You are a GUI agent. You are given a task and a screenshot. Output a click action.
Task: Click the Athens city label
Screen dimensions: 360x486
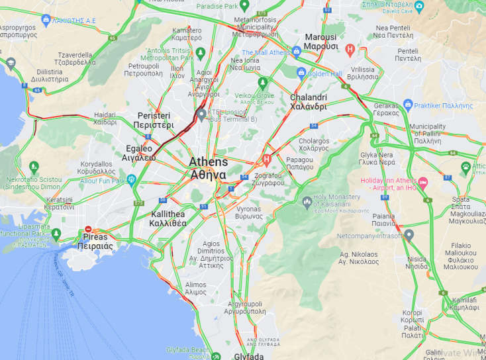208,168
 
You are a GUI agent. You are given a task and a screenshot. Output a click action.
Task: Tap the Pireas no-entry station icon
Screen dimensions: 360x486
88,230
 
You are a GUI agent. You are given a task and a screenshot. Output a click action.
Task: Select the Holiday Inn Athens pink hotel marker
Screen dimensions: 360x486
424,181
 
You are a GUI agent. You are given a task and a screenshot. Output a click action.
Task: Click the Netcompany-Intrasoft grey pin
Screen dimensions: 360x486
409,234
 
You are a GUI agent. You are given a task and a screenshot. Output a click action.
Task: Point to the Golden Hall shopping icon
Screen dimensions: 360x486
301,73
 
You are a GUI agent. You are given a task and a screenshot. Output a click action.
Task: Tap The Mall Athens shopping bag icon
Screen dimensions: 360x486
296,51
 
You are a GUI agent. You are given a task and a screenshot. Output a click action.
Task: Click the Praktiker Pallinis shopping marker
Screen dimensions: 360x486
408,105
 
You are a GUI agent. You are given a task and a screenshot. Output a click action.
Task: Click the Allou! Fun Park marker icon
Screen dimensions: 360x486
131,179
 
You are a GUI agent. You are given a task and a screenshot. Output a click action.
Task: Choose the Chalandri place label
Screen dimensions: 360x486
309,102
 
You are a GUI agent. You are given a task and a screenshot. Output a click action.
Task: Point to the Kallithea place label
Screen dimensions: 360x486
168,218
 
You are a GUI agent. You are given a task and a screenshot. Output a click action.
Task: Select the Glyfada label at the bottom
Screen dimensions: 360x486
249,356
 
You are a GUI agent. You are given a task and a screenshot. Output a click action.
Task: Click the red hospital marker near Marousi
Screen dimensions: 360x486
350,49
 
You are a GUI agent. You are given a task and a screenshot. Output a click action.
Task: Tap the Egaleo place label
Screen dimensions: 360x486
138,153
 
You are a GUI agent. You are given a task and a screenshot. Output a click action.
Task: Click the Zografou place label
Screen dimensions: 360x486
268,179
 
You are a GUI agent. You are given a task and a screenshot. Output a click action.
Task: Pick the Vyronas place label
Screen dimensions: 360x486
249,212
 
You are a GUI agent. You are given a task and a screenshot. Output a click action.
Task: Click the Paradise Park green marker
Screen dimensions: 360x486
244,5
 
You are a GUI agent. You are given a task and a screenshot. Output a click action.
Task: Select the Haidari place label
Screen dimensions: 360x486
105,118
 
